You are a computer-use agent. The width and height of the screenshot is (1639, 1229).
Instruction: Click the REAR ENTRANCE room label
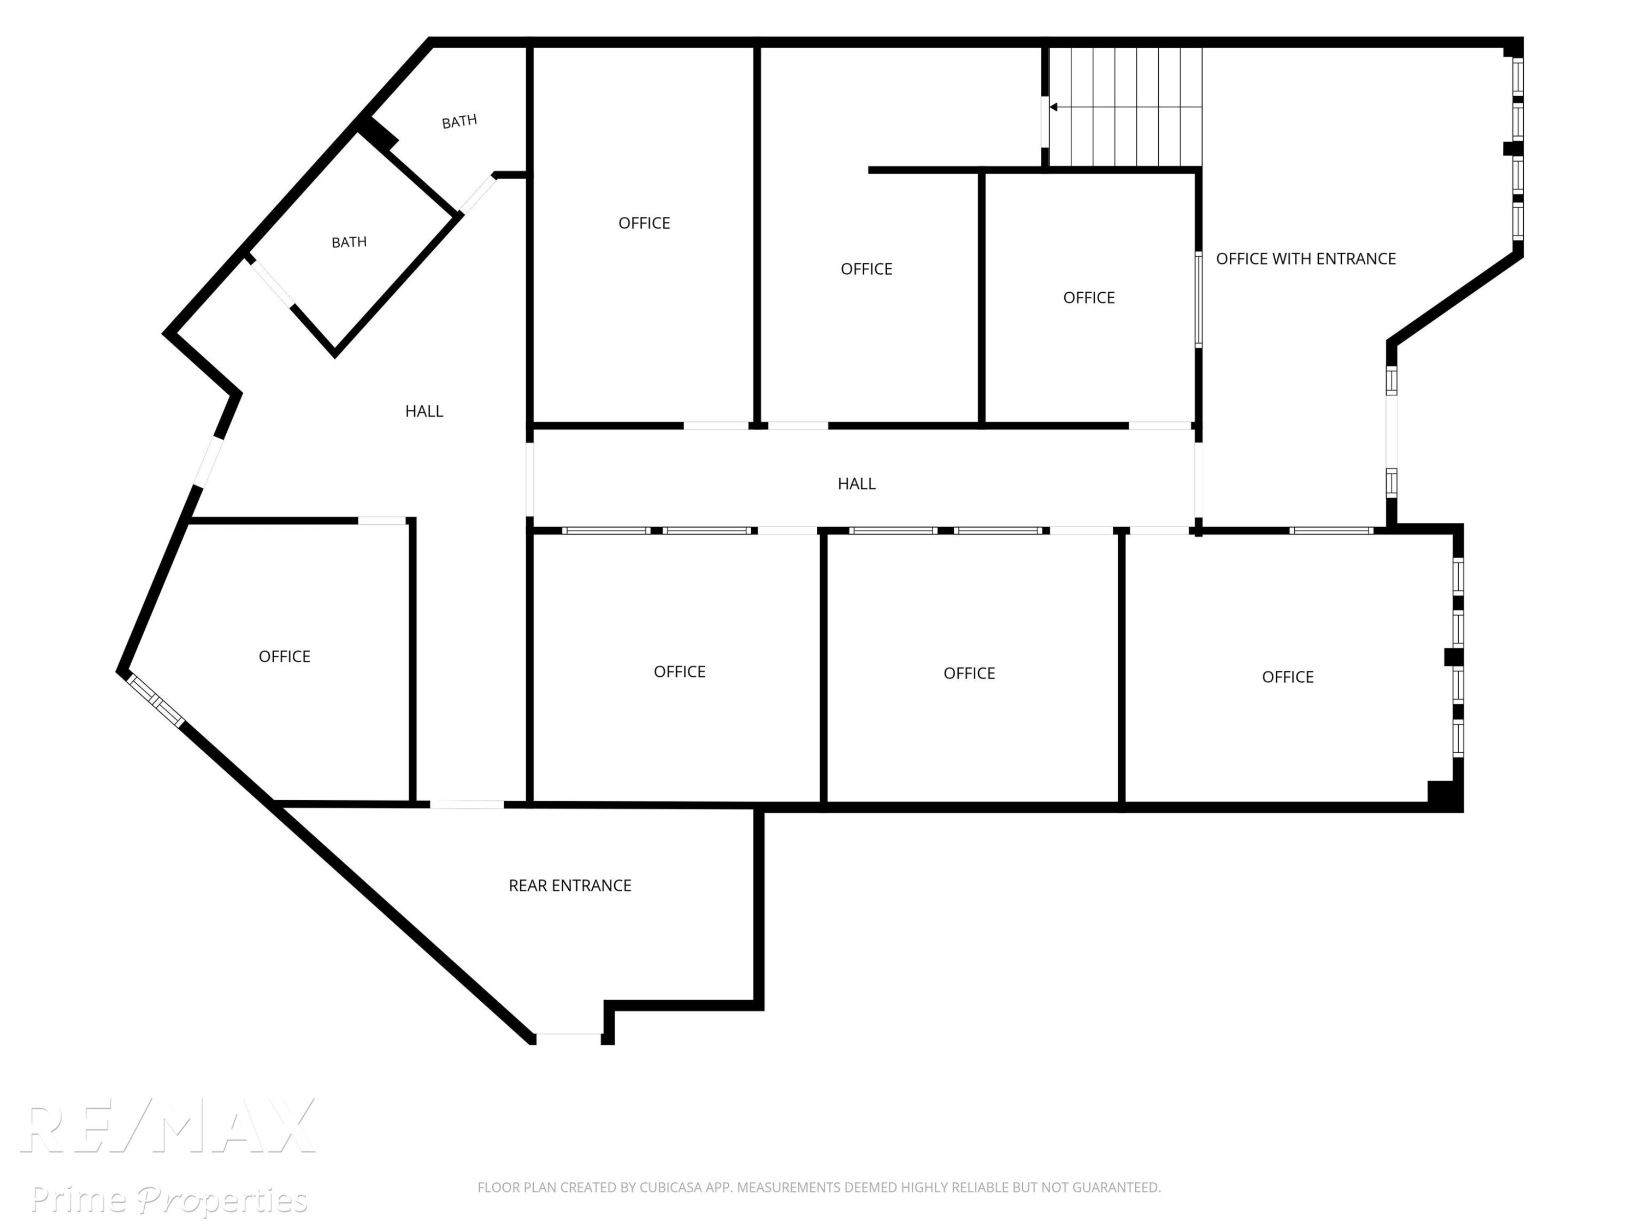(570, 885)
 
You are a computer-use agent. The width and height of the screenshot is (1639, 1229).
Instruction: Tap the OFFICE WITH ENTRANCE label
(1306, 258)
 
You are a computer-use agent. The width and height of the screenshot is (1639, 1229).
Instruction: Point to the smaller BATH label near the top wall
(459, 121)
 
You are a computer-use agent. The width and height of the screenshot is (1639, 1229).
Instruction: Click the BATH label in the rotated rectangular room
(349, 242)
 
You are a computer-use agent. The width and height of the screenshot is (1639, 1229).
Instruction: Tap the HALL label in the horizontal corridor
(857, 484)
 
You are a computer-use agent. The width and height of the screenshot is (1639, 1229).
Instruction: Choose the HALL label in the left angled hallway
(424, 411)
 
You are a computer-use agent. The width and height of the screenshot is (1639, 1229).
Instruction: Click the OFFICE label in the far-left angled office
(285, 657)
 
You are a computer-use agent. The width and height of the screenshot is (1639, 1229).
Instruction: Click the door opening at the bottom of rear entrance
(568, 1038)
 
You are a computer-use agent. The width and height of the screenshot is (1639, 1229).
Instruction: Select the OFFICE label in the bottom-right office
(1288, 677)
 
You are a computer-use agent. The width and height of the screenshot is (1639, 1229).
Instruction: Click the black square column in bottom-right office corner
(1441, 792)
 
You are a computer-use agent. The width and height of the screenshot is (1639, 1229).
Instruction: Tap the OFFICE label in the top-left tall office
(644, 223)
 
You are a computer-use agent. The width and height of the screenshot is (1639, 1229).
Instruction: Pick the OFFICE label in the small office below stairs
(1088, 298)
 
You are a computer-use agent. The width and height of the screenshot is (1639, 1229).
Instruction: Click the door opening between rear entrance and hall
(467, 805)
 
